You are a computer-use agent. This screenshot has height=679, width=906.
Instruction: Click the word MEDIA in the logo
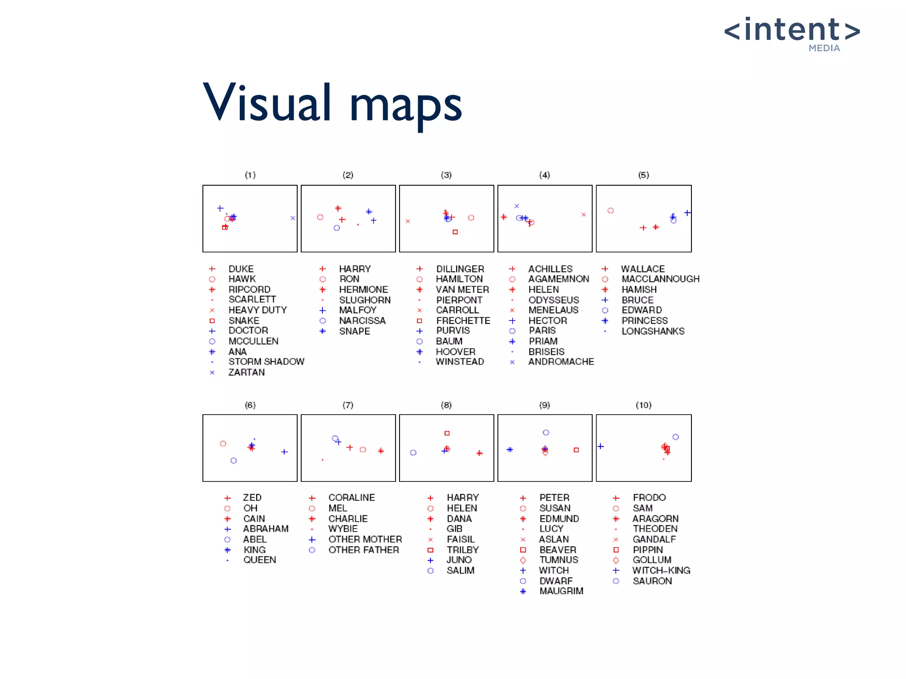tap(824, 48)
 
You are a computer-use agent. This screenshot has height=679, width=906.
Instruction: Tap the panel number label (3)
tap(446, 175)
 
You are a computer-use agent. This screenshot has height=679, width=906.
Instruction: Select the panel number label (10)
tap(643, 405)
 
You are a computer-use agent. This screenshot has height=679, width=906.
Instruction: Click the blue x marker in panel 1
tap(292, 218)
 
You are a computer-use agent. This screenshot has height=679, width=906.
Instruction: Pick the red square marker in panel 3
tap(455, 232)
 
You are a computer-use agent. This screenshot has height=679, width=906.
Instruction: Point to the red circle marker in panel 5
tap(610, 210)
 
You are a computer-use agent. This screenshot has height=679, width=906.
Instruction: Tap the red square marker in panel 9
tap(576, 450)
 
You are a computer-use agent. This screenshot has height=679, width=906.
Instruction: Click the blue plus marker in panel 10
tap(601, 446)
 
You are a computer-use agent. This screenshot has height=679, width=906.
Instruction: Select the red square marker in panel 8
tap(447, 433)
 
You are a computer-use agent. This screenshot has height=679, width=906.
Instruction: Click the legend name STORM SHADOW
tap(266, 362)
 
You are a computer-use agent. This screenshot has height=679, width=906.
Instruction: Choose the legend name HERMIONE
tap(363, 290)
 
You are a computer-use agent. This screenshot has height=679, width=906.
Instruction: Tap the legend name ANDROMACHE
tap(561, 362)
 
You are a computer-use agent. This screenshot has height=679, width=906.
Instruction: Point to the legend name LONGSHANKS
tap(653, 331)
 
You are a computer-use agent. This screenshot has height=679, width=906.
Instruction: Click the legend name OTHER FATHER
tap(364, 550)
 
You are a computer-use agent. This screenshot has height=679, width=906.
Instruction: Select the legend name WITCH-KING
tap(661, 570)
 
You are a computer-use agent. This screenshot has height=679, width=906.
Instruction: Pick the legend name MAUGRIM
tap(561, 591)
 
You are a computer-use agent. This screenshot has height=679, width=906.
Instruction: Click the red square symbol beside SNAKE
tap(212, 320)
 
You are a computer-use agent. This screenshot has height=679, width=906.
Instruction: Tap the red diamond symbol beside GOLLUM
tap(616, 560)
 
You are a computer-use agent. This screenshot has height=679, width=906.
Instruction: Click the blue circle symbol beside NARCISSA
tap(323, 320)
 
